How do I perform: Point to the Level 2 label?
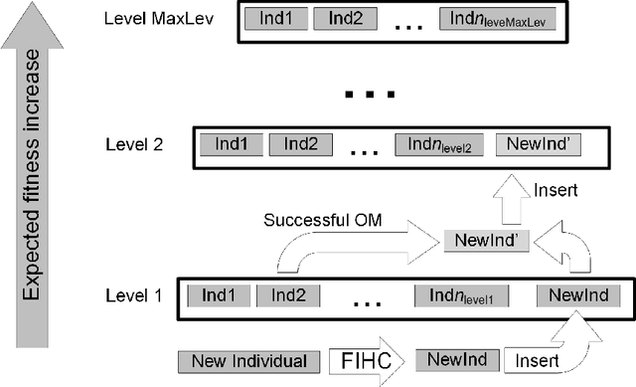point(135,144)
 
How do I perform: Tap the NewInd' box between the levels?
point(480,239)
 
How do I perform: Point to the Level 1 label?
point(134,294)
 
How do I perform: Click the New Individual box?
point(249,358)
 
